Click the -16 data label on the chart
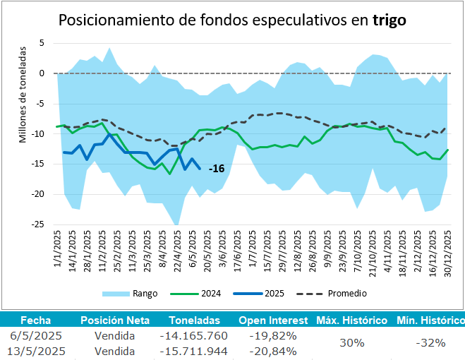(x=217, y=168)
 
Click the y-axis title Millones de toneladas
(x=23, y=95)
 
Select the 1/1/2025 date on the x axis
(x=59, y=245)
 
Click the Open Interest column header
(x=272, y=320)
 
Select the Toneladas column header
(x=193, y=320)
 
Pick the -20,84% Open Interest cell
(x=272, y=351)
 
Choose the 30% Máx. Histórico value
(x=351, y=343)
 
